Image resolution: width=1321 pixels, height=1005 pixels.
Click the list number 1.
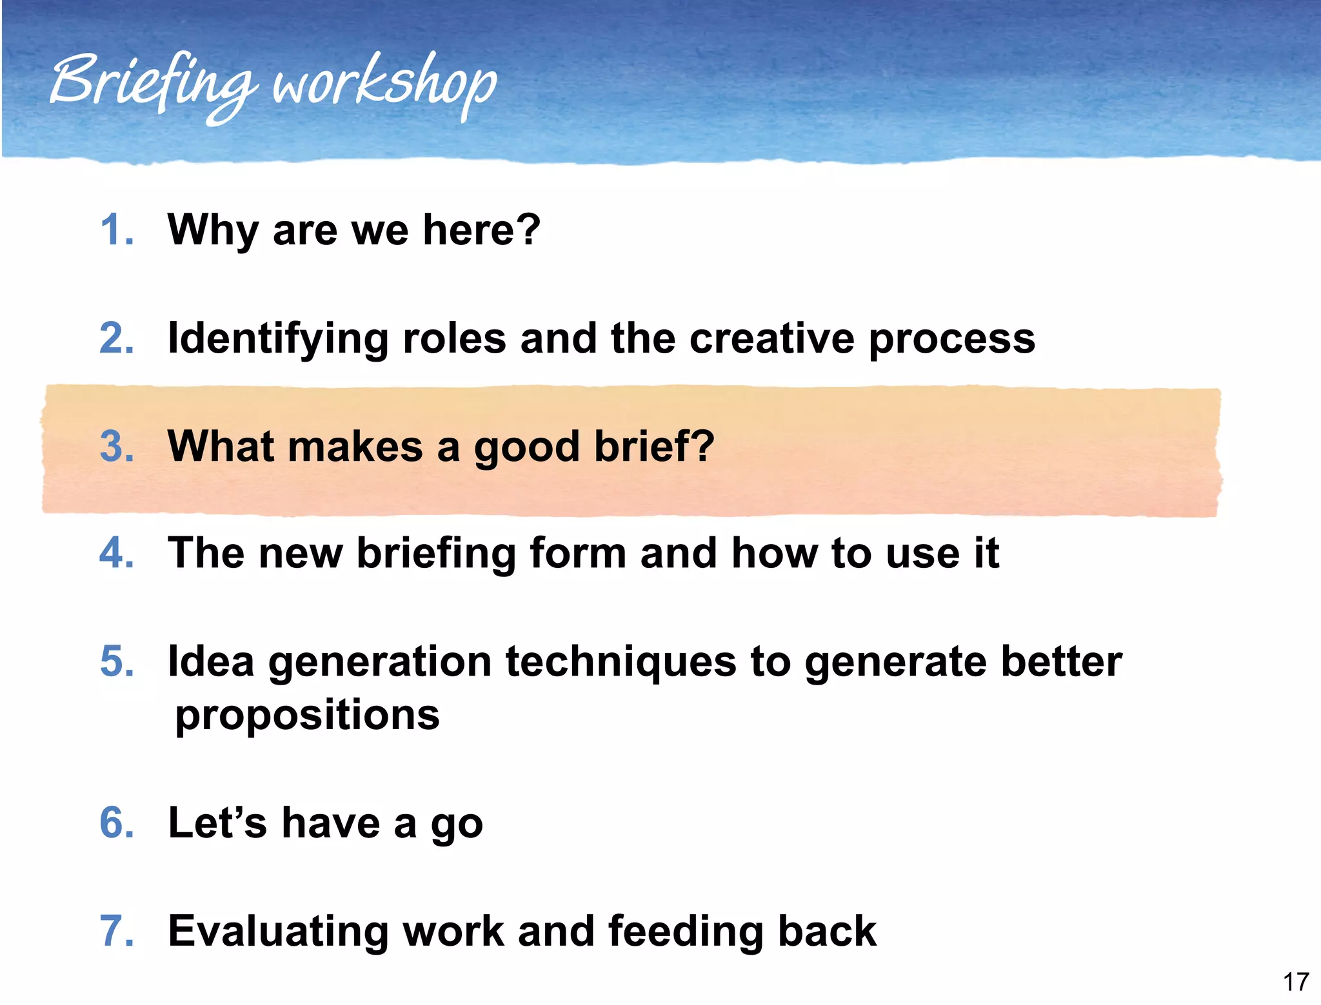click(117, 230)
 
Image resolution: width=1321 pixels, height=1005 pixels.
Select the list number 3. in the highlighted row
click(117, 446)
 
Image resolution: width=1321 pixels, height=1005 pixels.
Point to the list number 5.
click(117, 661)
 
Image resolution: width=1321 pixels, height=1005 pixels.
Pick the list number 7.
click(117, 931)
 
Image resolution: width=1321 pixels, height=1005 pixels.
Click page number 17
click(1295, 982)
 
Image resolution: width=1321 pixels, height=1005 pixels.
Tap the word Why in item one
click(212, 230)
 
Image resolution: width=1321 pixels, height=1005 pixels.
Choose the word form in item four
click(578, 553)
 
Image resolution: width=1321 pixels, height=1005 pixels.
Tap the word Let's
click(217, 823)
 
